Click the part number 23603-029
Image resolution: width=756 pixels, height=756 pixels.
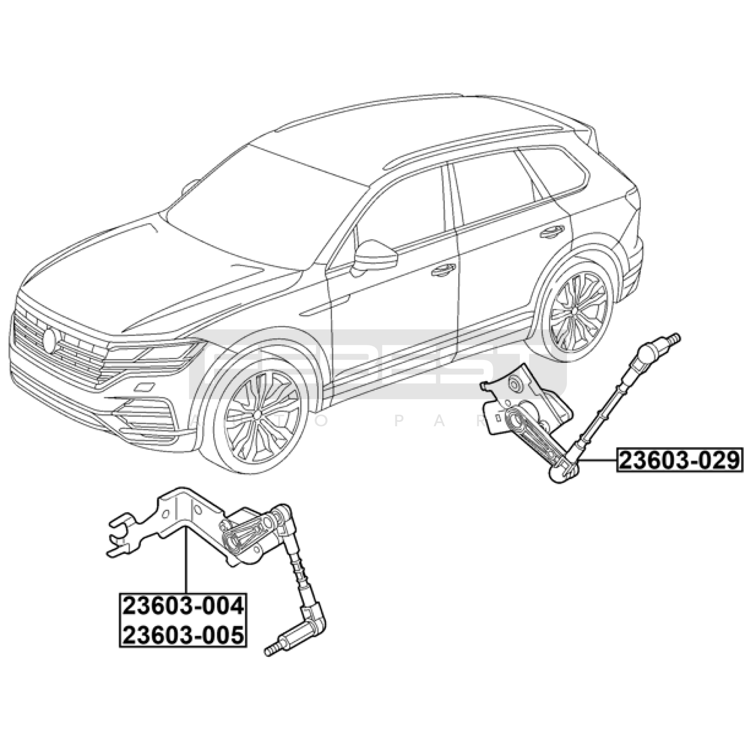679,460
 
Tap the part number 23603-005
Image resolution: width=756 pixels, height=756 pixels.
183,635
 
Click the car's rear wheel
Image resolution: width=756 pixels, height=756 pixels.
579,312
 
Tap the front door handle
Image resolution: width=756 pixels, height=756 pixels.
443,270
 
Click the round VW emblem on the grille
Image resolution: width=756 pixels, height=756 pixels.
49,340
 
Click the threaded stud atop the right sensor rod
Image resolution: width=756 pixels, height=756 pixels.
674,338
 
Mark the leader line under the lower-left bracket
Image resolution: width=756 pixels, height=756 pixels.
186,562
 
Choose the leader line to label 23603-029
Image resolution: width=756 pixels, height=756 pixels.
598,460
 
